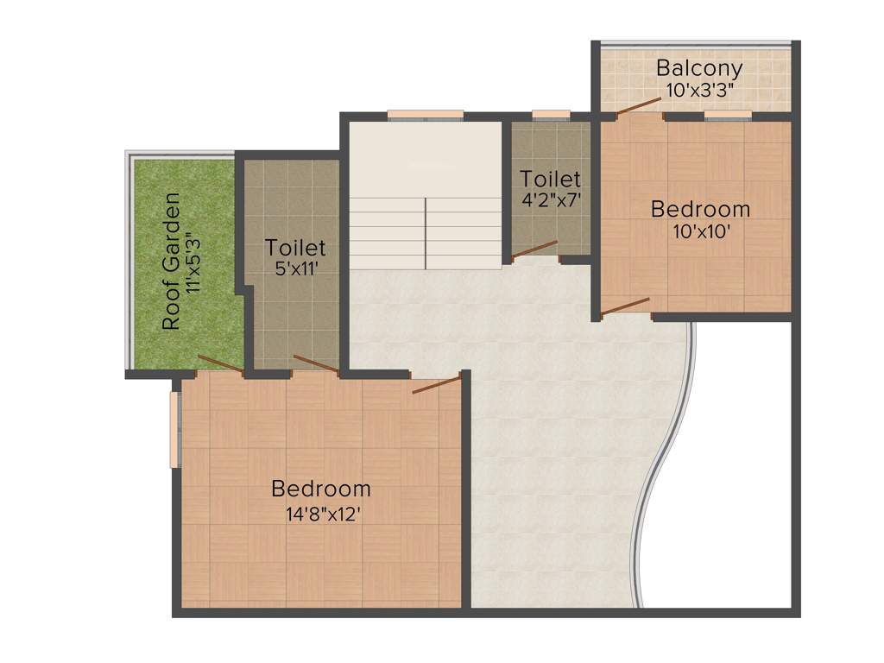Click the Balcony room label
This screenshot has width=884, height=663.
[x=699, y=67]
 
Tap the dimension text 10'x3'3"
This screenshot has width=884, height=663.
[x=699, y=88]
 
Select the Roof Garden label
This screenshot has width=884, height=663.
[x=172, y=261]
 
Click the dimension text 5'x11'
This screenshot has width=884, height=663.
[x=295, y=268]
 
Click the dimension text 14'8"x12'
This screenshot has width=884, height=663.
[x=321, y=514]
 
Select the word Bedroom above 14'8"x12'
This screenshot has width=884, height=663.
[x=321, y=489]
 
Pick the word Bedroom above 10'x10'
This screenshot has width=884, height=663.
[x=700, y=209]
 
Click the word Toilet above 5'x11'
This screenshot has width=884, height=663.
[x=295, y=248]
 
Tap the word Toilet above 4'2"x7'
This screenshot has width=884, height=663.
[x=550, y=179]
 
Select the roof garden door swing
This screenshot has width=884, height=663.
[x=219, y=363]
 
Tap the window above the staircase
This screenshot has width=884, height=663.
[x=425, y=115]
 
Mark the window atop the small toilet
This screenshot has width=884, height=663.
[x=551, y=115]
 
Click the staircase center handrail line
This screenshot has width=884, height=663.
[x=426, y=233]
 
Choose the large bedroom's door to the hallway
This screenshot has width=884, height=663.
[x=437, y=384]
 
